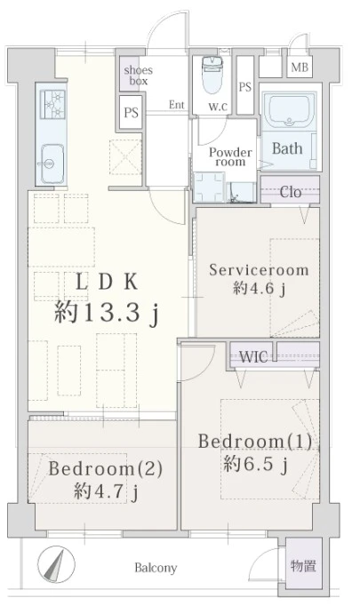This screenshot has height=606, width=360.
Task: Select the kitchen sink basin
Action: click(x=51, y=163)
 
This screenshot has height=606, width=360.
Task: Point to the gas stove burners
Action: click(x=53, y=104)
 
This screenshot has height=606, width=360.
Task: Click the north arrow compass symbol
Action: click(x=57, y=564)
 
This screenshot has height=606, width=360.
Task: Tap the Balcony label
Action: click(x=156, y=568)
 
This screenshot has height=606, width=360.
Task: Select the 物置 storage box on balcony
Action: click(x=303, y=567)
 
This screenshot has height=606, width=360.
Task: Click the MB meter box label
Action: click(x=300, y=68)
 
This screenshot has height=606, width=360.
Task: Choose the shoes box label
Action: click(x=139, y=76)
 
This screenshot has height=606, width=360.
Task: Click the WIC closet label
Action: click(x=253, y=356)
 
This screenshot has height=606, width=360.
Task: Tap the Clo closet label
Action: click(x=291, y=192)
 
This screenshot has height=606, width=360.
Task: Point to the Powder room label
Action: click(x=230, y=157)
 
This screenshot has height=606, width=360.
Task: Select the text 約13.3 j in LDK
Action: click(x=107, y=312)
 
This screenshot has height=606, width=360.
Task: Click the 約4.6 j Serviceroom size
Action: click(x=259, y=288)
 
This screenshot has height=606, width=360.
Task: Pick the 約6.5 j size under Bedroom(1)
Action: click(x=255, y=464)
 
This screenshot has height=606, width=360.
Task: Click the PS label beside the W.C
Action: click(x=245, y=87)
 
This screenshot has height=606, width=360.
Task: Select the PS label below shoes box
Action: click(x=132, y=113)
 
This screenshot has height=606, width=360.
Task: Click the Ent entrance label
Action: click(x=177, y=105)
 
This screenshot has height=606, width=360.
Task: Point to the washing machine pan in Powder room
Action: click(x=209, y=187)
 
